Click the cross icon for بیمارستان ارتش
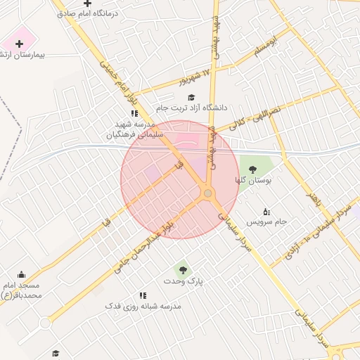pyautogui.click(x=19, y=44)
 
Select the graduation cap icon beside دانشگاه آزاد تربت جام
pyautogui.click(x=191, y=97)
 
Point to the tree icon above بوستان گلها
pyautogui.click(x=252, y=169)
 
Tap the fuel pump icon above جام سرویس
pyautogui.click(x=266, y=211)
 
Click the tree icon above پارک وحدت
pyautogui.click(x=183, y=269)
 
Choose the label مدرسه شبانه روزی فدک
pyautogui.click(x=143, y=307)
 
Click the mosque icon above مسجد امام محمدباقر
pyautogui.click(x=21, y=275)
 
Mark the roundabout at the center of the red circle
pyautogui.click(x=207, y=193)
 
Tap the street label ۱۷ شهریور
pyautogui.click(x=195, y=77)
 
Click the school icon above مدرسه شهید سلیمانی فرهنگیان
pyautogui.click(x=134, y=113)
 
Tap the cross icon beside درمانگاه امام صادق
pyautogui.click(x=87, y=3)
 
